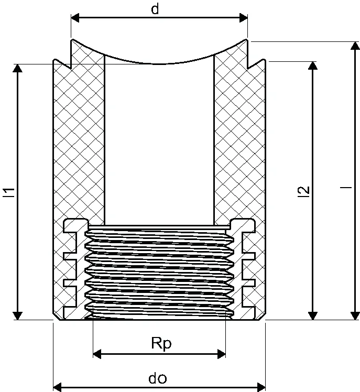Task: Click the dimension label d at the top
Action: click(155, 9)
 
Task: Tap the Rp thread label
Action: click(161, 344)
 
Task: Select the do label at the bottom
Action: click(158, 378)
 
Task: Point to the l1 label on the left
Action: click(9, 192)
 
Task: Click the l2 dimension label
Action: click(304, 192)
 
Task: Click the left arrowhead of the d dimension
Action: click(75, 18)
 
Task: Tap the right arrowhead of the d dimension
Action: click(244, 18)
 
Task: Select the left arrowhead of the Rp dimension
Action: click(97, 354)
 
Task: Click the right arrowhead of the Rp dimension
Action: click(222, 354)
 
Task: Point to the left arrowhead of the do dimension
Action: click(58, 387)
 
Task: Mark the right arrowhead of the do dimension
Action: click(261, 387)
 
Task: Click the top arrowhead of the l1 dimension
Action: click(17, 68)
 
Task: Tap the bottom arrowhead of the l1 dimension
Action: click(17, 316)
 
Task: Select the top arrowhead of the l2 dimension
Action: click(313, 66)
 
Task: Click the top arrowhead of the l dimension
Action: click(355, 46)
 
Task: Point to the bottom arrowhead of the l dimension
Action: click(355, 316)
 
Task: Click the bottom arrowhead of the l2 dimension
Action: click(313, 316)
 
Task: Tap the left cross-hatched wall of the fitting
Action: click(79, 140)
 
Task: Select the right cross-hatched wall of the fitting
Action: click(239, 140)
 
